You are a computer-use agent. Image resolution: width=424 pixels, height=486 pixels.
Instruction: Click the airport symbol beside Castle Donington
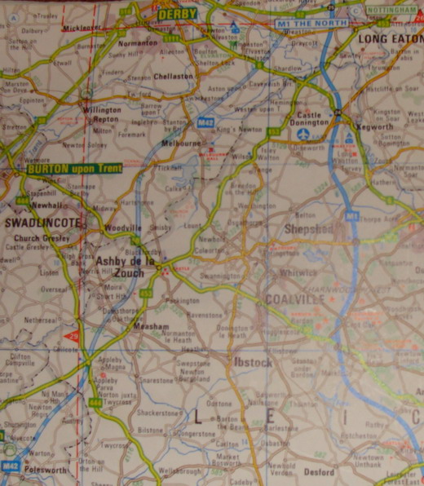304,133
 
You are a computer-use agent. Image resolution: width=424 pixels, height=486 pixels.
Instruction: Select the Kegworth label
375,127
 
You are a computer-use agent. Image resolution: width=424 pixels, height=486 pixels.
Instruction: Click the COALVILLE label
295,299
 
